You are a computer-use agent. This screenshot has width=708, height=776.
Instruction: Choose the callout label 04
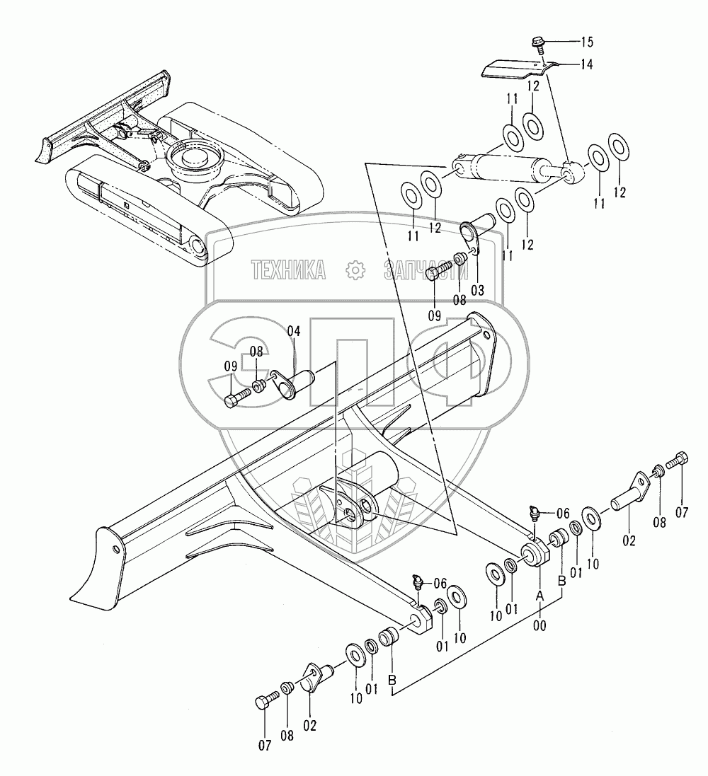tap(294, 331)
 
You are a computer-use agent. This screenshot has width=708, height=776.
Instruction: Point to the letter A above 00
tap(539, 596)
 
